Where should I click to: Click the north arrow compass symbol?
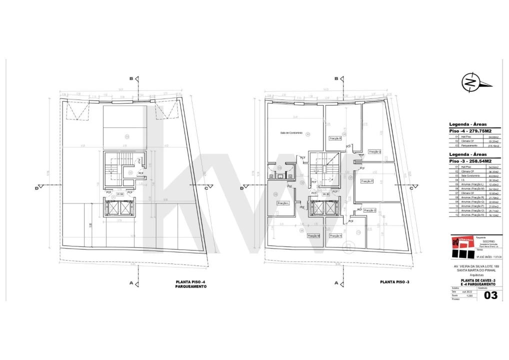470,82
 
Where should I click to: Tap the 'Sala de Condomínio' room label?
290,133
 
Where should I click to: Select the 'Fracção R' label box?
335,138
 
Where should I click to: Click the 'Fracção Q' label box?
374,151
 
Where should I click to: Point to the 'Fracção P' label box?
367,180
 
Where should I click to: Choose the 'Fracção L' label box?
284,203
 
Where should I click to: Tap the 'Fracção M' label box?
314,235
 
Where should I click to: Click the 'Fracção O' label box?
369,210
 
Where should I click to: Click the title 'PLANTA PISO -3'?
395,282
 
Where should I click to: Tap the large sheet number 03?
491,295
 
